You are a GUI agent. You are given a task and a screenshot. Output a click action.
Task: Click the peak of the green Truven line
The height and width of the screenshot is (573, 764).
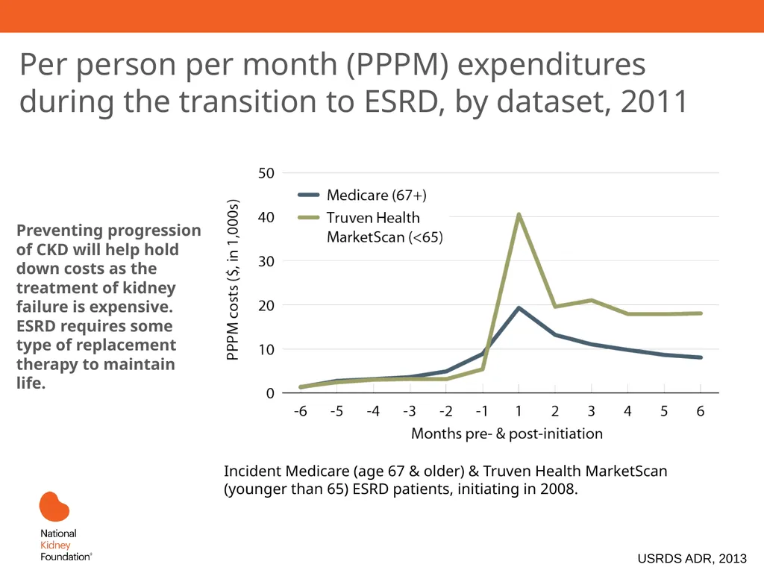(519, 214)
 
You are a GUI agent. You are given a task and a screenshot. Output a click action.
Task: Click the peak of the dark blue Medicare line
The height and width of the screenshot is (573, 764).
(519, 308)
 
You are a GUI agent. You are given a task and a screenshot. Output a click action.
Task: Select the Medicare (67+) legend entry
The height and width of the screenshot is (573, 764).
(362, 195)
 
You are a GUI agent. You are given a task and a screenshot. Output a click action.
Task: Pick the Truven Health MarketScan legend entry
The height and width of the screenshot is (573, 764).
(370, 227)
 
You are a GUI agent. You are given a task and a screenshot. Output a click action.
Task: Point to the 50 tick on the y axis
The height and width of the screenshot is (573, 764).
(266, 173)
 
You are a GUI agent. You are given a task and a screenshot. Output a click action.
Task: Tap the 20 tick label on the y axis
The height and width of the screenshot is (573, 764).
(266, 305)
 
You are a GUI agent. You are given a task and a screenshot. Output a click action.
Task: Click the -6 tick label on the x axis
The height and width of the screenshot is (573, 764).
(300, 411)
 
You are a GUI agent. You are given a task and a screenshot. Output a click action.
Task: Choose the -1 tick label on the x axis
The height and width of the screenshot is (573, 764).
(481, 411)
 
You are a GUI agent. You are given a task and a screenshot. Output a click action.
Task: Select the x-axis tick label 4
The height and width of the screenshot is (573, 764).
(627, 411)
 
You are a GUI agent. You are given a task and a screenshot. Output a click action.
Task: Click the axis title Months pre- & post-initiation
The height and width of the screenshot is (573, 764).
(507, 433)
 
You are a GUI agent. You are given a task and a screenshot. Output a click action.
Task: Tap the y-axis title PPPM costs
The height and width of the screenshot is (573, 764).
(233, 280)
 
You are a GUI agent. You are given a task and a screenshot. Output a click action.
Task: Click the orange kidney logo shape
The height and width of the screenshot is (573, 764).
(54, 507)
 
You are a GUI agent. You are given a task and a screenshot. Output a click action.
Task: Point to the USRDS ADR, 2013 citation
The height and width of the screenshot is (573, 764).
(692, 558)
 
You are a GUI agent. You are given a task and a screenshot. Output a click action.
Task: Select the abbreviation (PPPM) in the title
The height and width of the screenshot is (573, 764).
(397, 65)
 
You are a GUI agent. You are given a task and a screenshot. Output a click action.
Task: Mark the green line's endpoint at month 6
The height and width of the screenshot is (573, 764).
(700, 313)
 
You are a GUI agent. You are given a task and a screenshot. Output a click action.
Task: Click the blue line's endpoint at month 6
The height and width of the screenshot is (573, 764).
(700, 357)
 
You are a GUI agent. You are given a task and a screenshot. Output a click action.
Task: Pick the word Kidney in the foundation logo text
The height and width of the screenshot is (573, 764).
(55, 545)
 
